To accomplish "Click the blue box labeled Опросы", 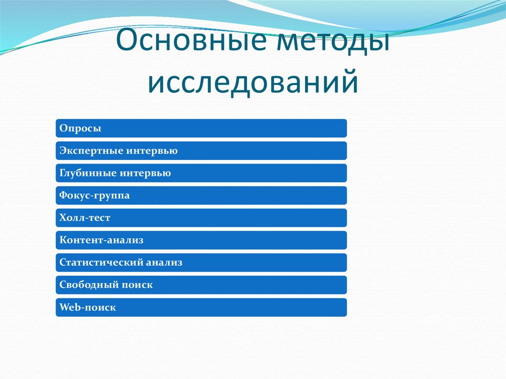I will pyautogui.click(x=201, y=128).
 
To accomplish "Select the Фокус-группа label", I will pyautogui.click(x=94, y=196).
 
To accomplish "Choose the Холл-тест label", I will pyautogui.click(x=84, y=218).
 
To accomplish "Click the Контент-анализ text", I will pyautogui.click(x=101, y=240).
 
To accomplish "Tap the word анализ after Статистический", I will pyautogui.click(x=164, y=262).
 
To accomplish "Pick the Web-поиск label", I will pyautogui.click(x=87, y=307).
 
